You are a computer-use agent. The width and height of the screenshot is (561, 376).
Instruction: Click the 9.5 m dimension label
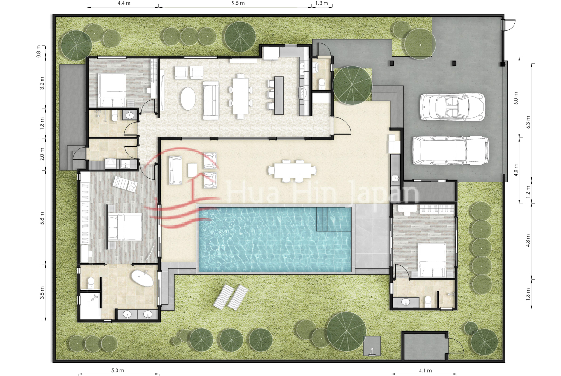click(238, 3)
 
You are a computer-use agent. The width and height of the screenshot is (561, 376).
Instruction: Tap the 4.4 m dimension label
click(124, 3)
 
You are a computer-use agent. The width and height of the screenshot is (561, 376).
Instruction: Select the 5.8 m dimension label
click(42, 218)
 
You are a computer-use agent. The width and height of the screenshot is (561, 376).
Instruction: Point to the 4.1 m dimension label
click(425, 371)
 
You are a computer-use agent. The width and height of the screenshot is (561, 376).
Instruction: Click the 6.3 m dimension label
click(528, 122)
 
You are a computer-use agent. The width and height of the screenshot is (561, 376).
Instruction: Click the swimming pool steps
click(322, 219)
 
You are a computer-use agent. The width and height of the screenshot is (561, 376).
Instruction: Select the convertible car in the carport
click(452, 107)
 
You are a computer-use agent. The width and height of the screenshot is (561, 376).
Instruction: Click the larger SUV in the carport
click(450, 150)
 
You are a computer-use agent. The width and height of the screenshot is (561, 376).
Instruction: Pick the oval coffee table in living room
click(188, 99)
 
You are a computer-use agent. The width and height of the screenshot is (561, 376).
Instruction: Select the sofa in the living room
click(210, 100)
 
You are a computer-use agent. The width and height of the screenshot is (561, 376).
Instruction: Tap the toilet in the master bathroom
click(91, 283)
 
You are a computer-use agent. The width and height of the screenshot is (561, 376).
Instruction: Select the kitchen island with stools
click(279, 95)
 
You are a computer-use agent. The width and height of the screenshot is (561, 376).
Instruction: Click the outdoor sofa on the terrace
click(176, 170)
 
